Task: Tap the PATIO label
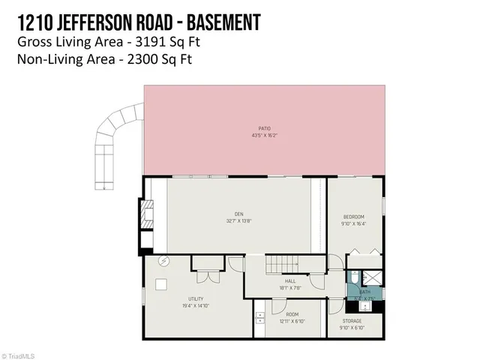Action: coord(264,128)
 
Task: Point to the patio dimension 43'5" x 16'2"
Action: coord(264,136)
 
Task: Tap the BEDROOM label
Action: coord(354,217)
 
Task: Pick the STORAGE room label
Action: coord(352,321)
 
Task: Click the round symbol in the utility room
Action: coord(165,261)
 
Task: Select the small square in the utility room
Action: coord(160,284)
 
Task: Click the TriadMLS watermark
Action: coord(18,355)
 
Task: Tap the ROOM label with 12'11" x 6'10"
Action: coord(292,314)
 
